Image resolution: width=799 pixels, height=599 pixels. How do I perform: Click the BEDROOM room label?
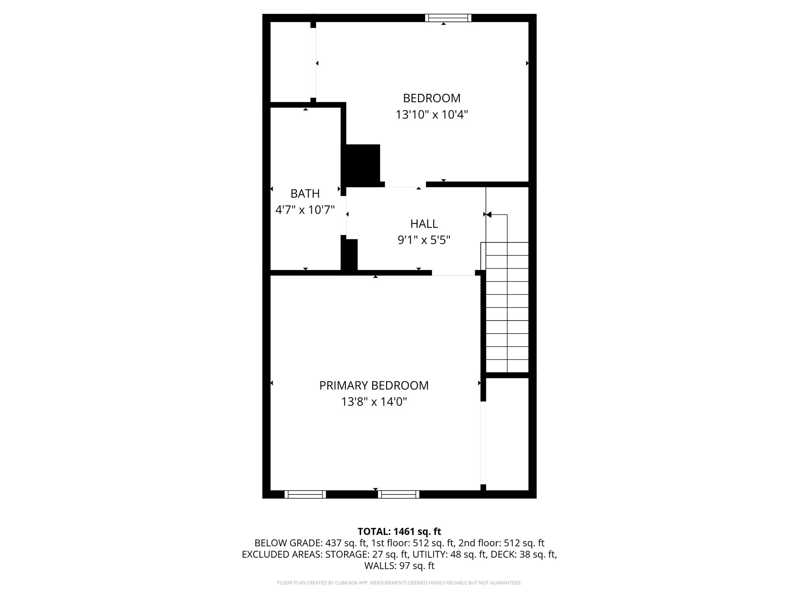point(431,98)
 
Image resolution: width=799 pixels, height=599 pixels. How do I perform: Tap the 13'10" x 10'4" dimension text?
point(431,115)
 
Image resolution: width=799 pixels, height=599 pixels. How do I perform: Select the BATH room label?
point(305,193)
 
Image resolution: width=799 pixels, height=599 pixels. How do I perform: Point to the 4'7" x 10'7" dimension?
point(305,210)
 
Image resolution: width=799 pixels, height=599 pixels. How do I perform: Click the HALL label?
point(424,224)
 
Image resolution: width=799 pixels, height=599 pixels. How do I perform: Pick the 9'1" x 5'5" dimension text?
point(424,240)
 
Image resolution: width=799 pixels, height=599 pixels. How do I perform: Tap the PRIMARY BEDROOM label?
point(374,385)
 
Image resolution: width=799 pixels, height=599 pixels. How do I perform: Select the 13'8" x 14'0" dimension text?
point(374,402)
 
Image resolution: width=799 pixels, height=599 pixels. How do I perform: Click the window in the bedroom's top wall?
point(448,18)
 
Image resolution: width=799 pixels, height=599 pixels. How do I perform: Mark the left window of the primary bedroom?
point(305,494)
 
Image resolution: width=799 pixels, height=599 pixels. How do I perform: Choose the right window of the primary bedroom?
point(398,494)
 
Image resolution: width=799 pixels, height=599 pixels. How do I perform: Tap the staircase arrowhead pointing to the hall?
point(488,214)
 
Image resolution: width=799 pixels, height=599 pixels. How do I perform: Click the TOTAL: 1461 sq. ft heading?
point(399,531)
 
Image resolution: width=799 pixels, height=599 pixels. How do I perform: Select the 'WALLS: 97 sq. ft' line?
point(399,565)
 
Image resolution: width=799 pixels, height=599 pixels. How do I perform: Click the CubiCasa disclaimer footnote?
point(399,583)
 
